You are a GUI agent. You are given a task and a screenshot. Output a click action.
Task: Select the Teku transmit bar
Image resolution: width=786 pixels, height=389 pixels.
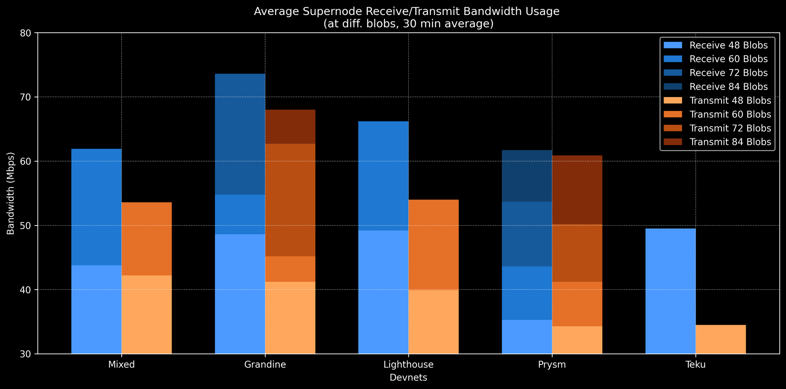pos(721,339)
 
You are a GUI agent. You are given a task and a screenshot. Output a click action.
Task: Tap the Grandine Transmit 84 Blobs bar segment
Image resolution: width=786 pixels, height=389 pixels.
pos(290,127)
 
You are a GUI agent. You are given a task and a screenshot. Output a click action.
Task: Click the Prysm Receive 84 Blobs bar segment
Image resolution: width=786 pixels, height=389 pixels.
pos(527,176)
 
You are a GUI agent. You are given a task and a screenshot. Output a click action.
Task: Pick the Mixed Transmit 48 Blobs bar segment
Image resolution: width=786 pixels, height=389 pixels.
pos(147,314)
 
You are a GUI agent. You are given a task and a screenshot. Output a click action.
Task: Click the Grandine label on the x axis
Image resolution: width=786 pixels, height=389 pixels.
pos(265,365)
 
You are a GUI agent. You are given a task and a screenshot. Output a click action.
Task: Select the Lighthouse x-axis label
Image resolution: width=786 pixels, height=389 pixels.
pos(408,365)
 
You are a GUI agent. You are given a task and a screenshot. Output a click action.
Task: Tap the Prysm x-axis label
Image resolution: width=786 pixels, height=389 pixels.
pos(552,365)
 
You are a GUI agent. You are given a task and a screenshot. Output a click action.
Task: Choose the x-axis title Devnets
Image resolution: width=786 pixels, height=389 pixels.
pos(408,378)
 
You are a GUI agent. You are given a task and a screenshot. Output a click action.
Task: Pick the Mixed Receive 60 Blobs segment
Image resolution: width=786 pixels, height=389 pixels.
pos(97,207)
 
